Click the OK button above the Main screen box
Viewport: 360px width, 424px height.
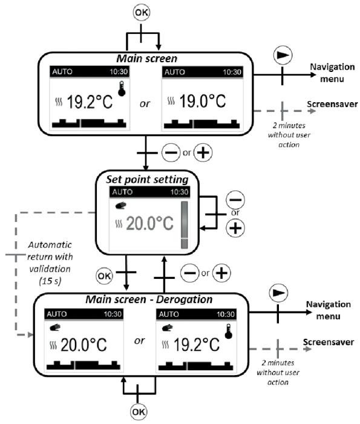pos(142,12)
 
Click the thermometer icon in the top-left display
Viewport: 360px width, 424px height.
pos(123,88)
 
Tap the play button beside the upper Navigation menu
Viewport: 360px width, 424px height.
pos(282,54)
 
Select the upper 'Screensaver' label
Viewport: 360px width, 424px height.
pos(328,103)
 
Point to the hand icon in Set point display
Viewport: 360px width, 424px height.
pos(120,204)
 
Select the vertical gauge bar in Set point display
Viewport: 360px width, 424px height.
pos(185,224)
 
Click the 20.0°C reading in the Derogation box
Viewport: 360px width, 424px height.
pos(80,345)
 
